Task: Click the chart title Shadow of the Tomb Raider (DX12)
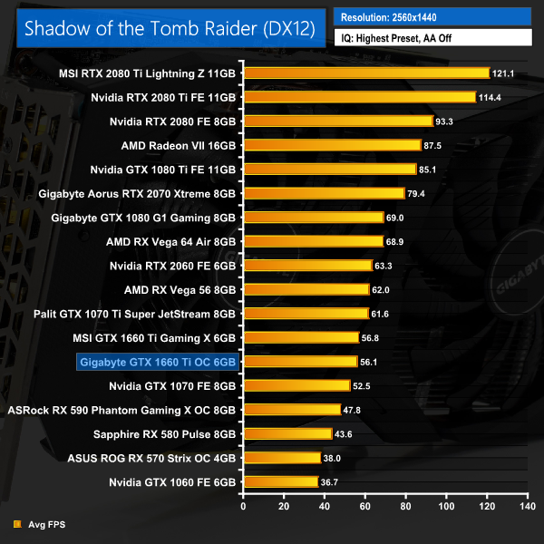coord(170,28)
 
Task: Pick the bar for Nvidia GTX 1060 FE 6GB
coord(279,481)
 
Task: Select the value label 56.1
coord(372,362)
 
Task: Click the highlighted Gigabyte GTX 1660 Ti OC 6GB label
coord(158,362)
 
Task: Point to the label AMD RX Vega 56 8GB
coord(180,289)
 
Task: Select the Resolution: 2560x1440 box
coord(432,16)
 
